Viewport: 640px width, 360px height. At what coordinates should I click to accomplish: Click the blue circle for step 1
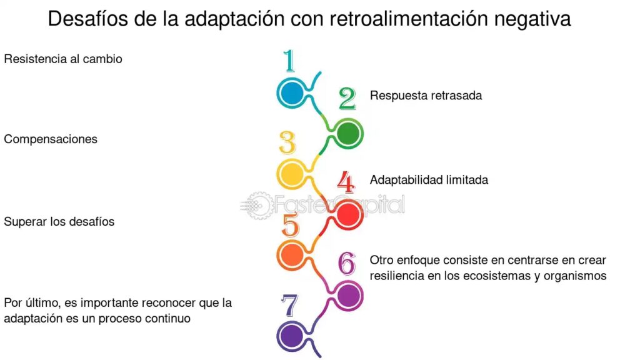[291, 93]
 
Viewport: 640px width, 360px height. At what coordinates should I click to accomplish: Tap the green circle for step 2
[347, 133]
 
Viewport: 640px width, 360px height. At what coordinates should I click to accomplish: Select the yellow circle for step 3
[291, 173]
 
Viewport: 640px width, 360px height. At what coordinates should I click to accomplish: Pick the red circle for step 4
[347, 215]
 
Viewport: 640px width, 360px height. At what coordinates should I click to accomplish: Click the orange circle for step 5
[291, 254]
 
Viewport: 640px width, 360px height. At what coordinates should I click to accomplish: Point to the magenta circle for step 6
[347, 294]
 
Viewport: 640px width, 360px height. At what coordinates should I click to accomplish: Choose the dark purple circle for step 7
[291, 334]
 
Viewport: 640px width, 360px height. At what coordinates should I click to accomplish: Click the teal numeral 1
[289, 62]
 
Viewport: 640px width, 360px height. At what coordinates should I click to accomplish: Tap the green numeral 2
[347, 99]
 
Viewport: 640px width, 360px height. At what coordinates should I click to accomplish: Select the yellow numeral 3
[287, 142]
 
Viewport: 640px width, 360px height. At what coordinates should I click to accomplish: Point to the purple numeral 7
[289, 306]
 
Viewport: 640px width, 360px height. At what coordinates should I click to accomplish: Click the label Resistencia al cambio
[63, 59]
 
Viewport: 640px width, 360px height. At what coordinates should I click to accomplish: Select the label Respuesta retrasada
[426, 96]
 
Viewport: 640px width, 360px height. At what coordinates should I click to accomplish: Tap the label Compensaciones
[51, 139]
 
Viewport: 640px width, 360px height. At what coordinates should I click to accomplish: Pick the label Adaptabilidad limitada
[429, 180]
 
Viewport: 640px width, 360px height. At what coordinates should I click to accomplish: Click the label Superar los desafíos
[59, 222]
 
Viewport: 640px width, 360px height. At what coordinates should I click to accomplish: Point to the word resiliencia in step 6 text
[396, 276]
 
